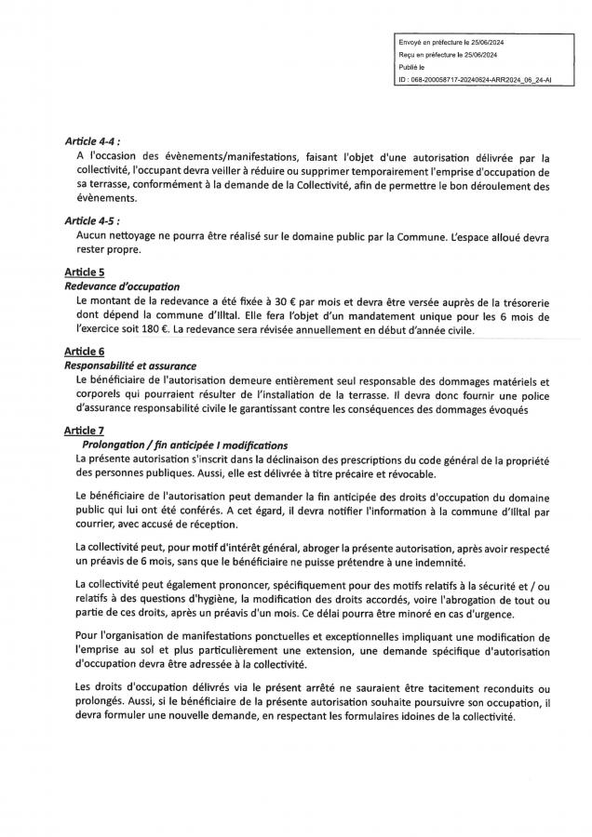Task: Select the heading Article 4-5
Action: [x=95, y=222]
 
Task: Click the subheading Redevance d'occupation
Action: [x=122, y=286]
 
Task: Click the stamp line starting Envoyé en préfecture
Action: [x=451, y=44]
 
